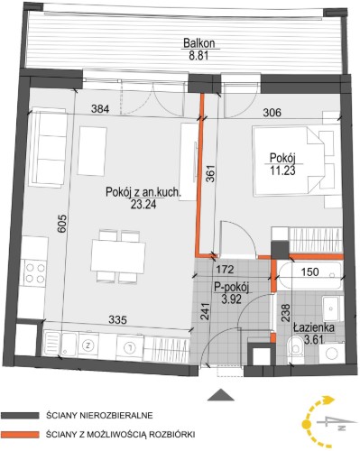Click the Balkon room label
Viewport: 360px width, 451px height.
tap(198, 43)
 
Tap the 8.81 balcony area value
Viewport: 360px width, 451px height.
tap(198, 56)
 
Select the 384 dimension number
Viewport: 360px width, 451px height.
tap(100, 109)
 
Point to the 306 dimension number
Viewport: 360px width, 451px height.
tap(272, 113)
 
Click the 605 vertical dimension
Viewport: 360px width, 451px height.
tap(61, 223)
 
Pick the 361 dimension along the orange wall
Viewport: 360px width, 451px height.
tap(211, 173)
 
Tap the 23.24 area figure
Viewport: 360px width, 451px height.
tap(143, 205)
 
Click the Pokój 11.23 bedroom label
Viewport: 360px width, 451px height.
tap(282, 164)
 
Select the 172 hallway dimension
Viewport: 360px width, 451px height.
tap(225, 269)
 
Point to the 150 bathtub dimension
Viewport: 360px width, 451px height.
tap(309, 272)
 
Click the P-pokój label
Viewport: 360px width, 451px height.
tap(231, 288)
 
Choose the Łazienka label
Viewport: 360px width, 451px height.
tap(314, 327)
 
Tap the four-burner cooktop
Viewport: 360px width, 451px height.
tap(35, 272)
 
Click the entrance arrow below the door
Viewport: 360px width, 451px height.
tap(221, 395)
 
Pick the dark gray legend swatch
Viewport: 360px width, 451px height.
tap(20, 416)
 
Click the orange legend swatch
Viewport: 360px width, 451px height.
tap(20, 434)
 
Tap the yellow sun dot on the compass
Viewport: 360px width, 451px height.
tap(306, 424)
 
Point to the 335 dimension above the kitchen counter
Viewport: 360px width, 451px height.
tap(117, 319)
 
